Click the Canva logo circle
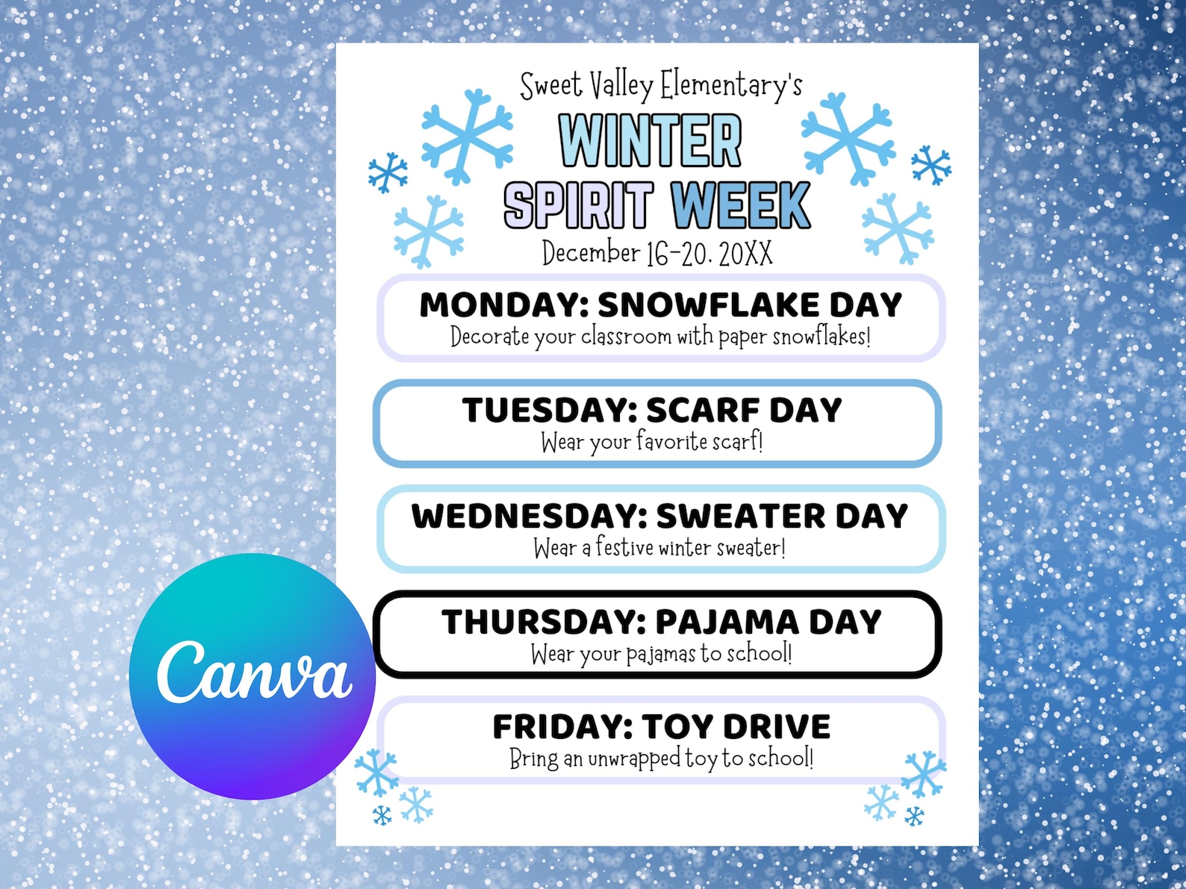pyautogui.click(x=252, y=676)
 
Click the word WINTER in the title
pyautogui.click(x=650, y=140)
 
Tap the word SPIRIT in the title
pyautogui.click(x=578, y=205)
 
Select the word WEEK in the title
pyautogui.click(x=739, y=205)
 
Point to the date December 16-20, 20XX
pyautogui.click(x=657, y=253)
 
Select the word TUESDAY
pyautogui.click(x=549, y=411)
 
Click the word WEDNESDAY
pyautogui.click(x=529, y=517)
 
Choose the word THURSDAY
pyautogui.click(x=544, y=623)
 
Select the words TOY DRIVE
pyautogui.click(x=736, y=727)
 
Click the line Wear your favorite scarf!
pyautogui.click(x=652, y=442)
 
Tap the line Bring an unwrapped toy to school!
pyautogui.click(x=661, y=758)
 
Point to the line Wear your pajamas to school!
pyautogui.click(x=661, y=654)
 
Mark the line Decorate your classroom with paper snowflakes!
pyautogui.click(x=660, y=337)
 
